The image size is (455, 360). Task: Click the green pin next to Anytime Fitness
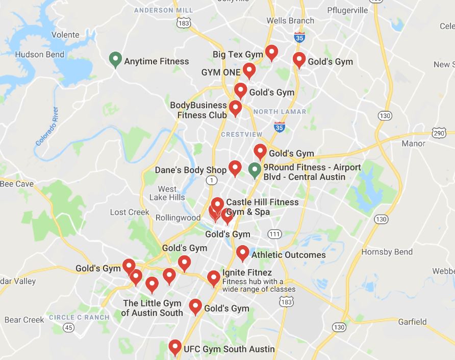coord(115,59)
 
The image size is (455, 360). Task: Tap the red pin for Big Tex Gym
coord(271,52)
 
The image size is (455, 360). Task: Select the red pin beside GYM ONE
coord(249,69)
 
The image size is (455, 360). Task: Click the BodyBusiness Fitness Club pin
coord(235,107)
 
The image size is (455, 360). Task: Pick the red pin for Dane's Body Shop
coord(235,167)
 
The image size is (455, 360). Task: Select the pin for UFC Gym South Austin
coord(175,347)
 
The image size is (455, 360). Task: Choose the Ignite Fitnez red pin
coord(214,277)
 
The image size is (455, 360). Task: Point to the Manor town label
coord(413,143)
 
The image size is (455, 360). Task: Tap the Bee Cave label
coord(16,184)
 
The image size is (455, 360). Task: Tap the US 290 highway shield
coord(439,133)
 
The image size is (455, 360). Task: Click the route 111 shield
coord(274,234)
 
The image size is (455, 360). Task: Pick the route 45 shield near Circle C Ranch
coord(69,327)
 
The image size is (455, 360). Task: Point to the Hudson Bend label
coord(40,55)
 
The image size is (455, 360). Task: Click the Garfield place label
coord(412,322)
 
